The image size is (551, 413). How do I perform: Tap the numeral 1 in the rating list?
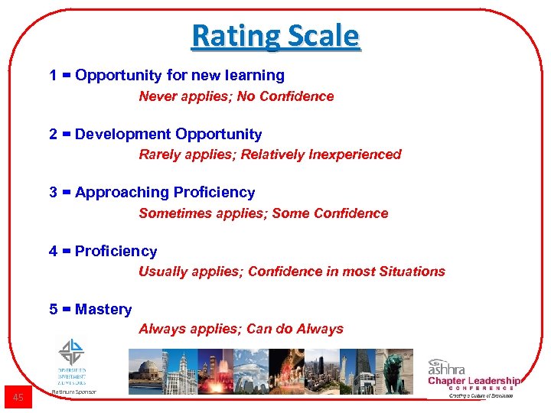[53, 76]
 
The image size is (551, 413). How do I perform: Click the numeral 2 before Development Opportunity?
[53, 135]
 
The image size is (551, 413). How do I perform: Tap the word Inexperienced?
[355, 154]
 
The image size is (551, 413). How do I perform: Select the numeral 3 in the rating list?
[53, 193]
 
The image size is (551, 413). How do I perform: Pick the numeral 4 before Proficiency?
[53, 252]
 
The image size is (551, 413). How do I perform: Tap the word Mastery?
[103, 310]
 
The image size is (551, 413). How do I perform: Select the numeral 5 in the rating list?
[53, 310]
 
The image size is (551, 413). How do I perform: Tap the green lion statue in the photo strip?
[396, 371]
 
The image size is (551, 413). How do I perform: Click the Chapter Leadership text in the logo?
[474, 381]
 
